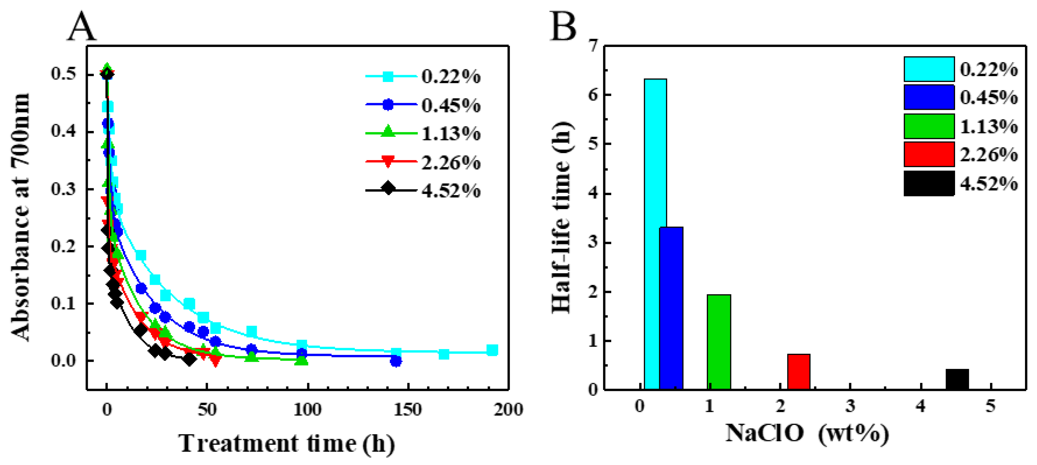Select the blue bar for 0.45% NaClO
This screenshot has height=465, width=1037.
coord(672,308)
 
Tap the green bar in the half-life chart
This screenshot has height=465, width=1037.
coord(719,342)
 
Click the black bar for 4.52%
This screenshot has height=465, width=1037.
coord(957,379)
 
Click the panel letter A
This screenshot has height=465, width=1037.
coord(82,27)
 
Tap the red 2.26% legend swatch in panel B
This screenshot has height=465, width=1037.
coord(929,154)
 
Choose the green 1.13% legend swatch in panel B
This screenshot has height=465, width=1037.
coord(929,126)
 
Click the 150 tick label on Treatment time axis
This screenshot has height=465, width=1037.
coord(408,410)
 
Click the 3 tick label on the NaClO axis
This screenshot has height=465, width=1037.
coord(850,406)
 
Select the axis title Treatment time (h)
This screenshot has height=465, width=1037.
coord(286,444)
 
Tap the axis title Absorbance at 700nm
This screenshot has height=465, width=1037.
coord(21,217)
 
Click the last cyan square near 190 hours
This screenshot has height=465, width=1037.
coord(492,350)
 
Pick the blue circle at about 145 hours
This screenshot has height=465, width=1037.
coord(396,361)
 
